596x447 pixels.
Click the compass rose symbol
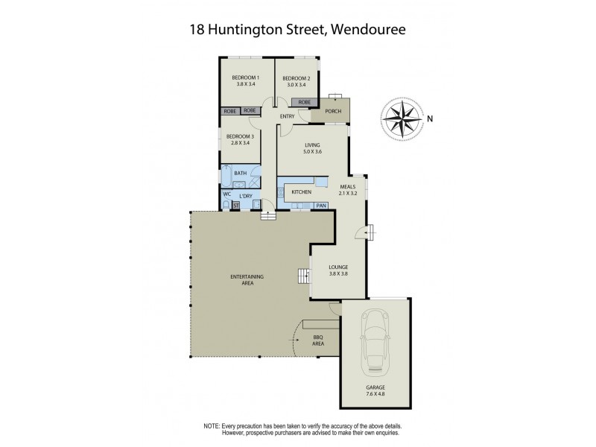401,117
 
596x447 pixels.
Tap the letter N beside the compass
430,117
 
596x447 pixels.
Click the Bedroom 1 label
246,81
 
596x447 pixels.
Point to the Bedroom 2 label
296,81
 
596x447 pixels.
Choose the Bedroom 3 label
240,139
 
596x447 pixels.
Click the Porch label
333,112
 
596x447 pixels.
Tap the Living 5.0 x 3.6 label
312,148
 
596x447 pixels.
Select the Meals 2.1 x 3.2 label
348,189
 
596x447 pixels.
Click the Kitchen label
301,193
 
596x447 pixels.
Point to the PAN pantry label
321,206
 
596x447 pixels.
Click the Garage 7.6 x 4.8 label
375,391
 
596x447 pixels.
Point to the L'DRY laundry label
247,194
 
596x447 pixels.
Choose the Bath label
240,174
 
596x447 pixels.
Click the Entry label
288,117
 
